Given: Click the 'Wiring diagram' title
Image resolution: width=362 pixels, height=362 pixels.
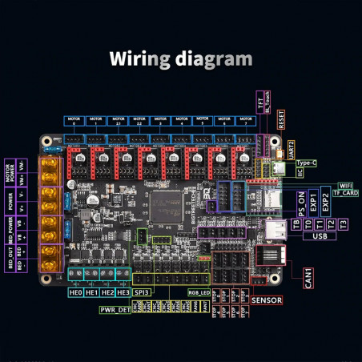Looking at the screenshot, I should tap(180, 59).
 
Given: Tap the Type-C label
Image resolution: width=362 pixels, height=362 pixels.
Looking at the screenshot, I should tap(307, 163).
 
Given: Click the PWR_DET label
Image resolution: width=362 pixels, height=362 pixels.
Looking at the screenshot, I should tap(114, 309).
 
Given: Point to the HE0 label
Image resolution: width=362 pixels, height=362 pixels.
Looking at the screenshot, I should tap(76, 293).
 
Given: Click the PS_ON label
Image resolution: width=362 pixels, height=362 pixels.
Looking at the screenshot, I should tap(303, 202).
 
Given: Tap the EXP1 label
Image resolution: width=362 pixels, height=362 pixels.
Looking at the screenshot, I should tap(314, 202).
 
